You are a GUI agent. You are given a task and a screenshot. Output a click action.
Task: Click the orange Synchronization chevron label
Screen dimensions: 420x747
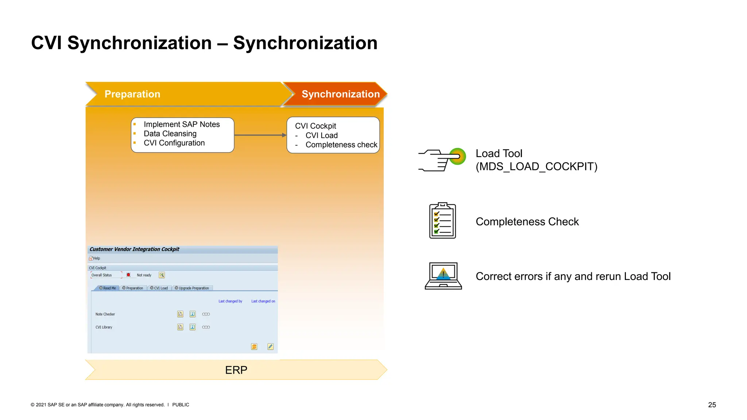[340, 94]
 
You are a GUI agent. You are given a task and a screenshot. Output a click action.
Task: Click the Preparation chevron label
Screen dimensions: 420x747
[132, 94]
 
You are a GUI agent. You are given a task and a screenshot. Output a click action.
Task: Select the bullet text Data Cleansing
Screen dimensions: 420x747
[170, 134]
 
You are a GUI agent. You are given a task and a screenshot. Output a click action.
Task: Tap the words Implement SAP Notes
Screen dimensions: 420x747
[182, 124]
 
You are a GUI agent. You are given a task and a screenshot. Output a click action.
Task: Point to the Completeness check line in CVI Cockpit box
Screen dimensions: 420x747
[341, 145]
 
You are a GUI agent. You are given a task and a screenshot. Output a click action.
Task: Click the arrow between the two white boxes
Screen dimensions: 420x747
[260, 135]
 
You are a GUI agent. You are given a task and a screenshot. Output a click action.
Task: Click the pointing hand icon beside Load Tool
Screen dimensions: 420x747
[441, 160]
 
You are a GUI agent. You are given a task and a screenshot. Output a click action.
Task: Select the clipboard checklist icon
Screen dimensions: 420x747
[442, 221]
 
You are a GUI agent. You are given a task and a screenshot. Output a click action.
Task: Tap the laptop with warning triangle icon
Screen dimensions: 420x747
[443, 276]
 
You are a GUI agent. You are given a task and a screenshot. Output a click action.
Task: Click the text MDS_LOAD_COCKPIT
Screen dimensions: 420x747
[536, 167]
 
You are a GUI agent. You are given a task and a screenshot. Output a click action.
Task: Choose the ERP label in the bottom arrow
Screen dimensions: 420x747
[236, 370]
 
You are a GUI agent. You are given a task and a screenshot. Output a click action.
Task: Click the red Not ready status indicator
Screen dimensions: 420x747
[128, 275]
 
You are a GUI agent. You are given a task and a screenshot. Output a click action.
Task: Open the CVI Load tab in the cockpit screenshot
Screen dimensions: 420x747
[159, 288]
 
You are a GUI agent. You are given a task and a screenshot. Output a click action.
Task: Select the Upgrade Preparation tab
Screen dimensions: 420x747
[192, 288]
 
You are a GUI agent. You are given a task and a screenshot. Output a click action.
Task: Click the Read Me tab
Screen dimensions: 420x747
[108, 288]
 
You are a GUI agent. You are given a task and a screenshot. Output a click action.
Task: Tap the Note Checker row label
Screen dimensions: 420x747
[105, 314]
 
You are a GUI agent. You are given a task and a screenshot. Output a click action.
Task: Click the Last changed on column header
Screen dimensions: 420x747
[263, 301]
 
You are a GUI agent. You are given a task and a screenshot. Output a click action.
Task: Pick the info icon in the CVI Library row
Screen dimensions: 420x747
[193, 327]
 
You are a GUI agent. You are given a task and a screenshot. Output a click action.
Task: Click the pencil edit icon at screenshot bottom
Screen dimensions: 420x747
[270, 346]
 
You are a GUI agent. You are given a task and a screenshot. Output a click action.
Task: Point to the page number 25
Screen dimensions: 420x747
[712, 405]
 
